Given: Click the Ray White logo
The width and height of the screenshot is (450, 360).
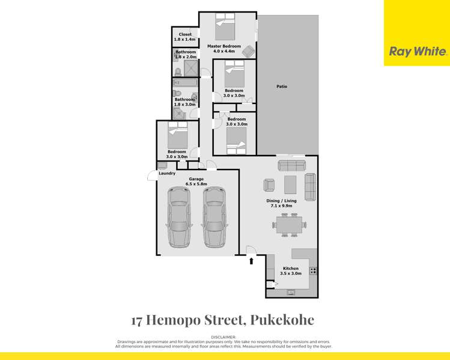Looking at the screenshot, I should coord(418,52).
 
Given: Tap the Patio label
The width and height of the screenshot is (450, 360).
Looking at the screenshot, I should coord(282,87).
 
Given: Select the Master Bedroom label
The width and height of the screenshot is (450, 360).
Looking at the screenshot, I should coord(224,46).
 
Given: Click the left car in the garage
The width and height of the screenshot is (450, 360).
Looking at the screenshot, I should coord(179,217).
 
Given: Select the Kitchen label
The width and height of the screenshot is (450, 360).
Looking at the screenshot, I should coord(291,268).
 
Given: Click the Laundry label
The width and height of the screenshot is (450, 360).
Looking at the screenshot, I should coord(167,174).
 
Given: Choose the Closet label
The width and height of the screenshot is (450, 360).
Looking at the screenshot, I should coord(185,34).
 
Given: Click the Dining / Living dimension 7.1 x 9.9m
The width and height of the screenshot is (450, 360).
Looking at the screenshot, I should coord(281,206).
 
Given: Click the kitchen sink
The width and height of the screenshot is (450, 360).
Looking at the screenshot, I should coord(291,293).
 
